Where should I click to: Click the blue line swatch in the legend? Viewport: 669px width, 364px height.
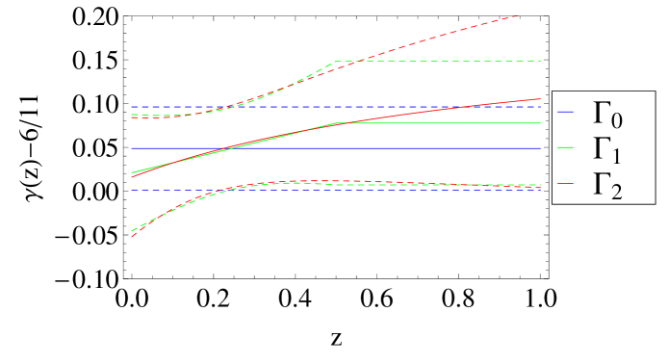566,113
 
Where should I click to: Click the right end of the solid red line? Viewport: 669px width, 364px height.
542,98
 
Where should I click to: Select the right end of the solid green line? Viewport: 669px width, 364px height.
542,123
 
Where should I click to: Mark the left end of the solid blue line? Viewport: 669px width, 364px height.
131,148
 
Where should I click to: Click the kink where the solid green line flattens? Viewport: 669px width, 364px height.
335,123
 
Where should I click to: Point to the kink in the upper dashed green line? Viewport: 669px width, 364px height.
334,62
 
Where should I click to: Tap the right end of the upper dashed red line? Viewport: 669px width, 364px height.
520,15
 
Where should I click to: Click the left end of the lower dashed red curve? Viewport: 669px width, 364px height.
131,236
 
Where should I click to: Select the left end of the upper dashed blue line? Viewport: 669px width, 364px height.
131,106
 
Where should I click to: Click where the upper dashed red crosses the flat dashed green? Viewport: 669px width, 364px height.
351,62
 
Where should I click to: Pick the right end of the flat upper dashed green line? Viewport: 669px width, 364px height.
542,62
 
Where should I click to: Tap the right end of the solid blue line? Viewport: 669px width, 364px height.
542,148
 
